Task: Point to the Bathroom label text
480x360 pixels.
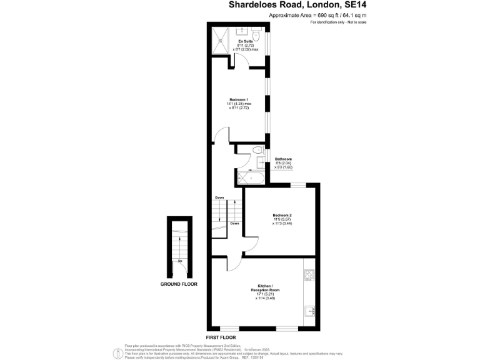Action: click(x=283, y=159)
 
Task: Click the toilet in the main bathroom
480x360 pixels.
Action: click(x=259, y=150)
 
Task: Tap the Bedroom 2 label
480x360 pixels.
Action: click(x=282, y=215)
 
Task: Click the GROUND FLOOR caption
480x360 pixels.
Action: click(x=179, y=284)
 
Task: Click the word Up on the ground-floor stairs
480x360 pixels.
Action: click(x=180, y=261)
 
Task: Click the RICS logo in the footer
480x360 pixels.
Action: click(x=116, y=353)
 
